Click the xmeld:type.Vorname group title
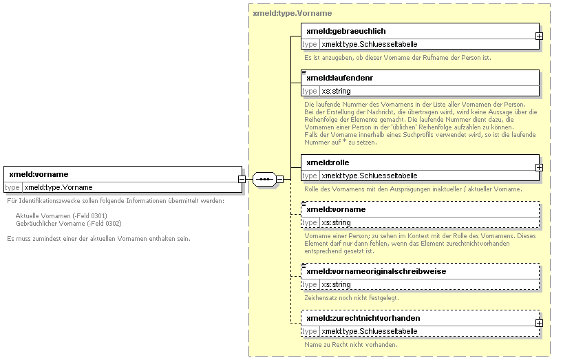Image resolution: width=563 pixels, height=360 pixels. click(x=293, y=13)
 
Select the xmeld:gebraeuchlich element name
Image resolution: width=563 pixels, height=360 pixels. click(x=346, y=31)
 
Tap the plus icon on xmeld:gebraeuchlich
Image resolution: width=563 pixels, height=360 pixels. click(x=539, y=36)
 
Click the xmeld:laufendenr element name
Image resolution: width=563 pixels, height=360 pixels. click(x=340, y=78)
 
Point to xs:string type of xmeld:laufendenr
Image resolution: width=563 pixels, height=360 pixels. click(x=336, y=91)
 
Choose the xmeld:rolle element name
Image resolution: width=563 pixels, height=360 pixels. click(x=328, y=162)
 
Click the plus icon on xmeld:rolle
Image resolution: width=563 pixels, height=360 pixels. click(x=539, y=168)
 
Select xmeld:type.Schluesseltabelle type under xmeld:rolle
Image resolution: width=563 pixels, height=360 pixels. click(x=370, y=176)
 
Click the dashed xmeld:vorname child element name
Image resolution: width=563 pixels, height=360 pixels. click(x=336, y=209)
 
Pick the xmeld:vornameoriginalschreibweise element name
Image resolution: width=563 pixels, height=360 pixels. click(x=376, y=271)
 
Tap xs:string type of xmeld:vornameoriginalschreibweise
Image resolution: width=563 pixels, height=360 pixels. click(x=336, y=284)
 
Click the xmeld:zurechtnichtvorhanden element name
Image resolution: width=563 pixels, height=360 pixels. click(x=363, y=318)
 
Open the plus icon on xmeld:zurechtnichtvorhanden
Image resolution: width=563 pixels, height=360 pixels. click(x=539, y=324)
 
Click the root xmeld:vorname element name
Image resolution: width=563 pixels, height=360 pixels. click(x=39, y=174)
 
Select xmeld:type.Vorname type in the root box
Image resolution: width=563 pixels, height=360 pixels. click(x=59, y=187)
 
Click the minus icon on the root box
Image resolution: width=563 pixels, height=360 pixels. click(x=242, y=179)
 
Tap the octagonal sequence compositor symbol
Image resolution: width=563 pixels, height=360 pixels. click(x=264, y=179)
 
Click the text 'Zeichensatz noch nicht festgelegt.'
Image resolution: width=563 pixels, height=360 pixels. click(x=352, y=298)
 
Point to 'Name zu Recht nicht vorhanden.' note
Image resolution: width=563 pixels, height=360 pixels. click(x=351, y=345)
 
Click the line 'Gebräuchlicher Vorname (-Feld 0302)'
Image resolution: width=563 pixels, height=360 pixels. click(x=69, y=224)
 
